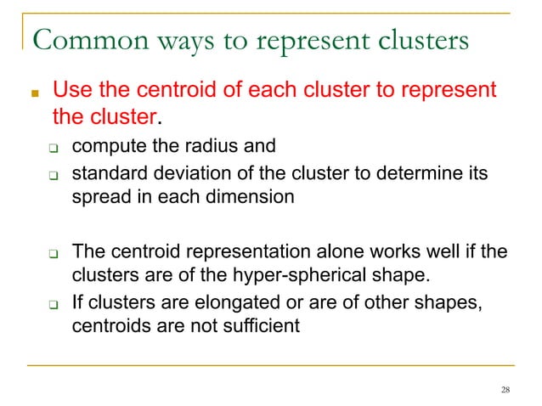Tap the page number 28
tap(505, 390)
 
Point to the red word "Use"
tap(72, 89)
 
